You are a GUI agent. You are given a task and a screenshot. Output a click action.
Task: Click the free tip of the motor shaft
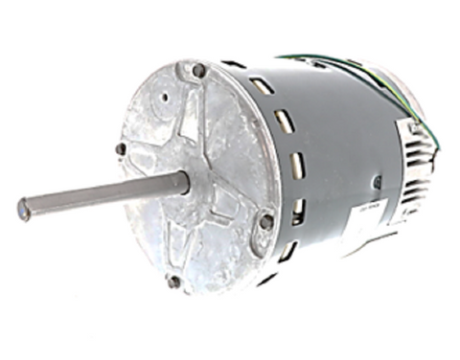(x=24, y=208)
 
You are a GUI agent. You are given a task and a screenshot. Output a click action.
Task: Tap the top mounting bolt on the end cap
(x=198, y=71)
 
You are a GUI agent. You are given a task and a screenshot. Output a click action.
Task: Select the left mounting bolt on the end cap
(x=121, y=148)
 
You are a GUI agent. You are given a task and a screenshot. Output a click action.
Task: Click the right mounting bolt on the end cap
(x=266, y=221)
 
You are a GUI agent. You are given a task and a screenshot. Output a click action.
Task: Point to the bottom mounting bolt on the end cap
(x=173, y=281)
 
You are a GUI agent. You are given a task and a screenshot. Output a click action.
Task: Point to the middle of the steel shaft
(x=101, y=195)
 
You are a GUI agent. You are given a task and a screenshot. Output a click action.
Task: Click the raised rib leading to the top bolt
(x=195, y=115)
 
